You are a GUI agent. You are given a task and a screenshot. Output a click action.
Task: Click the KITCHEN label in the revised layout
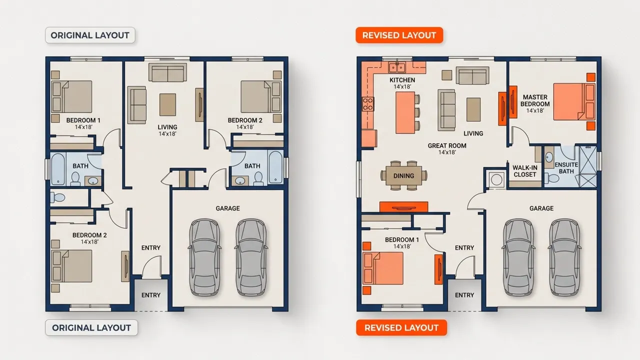(402, 80)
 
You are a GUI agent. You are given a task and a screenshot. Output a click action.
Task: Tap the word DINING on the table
(403, 175)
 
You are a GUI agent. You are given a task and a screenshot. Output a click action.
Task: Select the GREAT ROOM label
(447, 145)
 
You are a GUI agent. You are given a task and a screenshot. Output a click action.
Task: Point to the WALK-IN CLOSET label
(525, 171)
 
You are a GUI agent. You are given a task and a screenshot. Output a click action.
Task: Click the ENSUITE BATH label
(566, 168)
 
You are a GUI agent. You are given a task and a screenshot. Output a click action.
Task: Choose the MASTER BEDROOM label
(535, 100)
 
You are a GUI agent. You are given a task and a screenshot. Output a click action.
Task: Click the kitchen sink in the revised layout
(397, 67)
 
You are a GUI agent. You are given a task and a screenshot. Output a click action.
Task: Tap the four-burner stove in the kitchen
(368, 104)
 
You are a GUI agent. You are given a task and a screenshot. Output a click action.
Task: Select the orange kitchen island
(405, 112)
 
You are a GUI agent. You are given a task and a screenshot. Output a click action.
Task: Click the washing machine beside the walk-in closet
(496, 179)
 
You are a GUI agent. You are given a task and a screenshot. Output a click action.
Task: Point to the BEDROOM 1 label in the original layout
(83, 120)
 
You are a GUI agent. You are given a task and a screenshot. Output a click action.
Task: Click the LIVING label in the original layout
(167, 127)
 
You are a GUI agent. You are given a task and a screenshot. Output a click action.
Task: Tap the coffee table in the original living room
(167, 105)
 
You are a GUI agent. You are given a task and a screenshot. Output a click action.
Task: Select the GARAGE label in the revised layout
(541, 208)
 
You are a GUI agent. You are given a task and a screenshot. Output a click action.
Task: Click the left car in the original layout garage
(204, 257)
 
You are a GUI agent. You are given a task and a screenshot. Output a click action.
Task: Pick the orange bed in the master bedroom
(574, 101)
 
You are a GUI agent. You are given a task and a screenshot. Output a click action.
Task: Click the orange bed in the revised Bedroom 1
(383, 268)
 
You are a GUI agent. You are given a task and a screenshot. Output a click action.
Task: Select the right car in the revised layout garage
(564, 257)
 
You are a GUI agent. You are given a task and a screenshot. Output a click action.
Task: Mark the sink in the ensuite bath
(549, 157)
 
